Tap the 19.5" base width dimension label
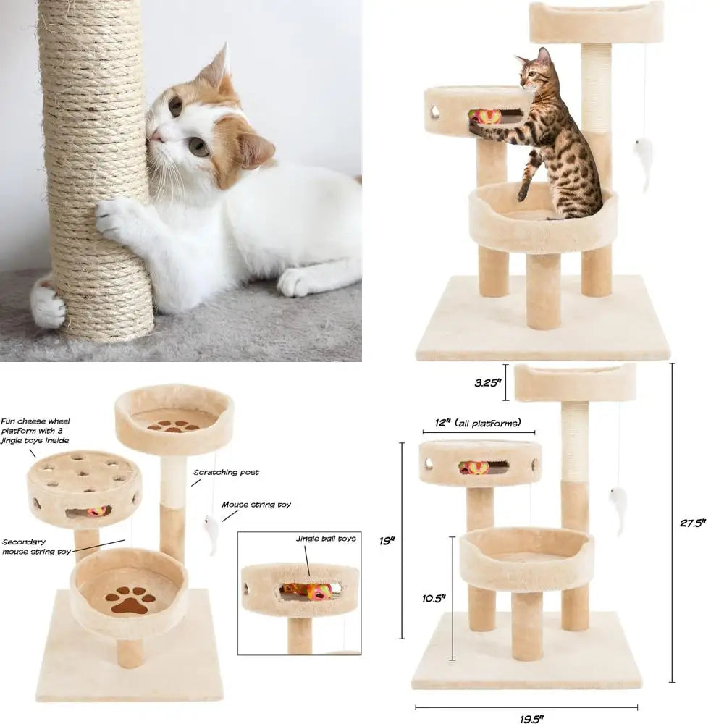tap(531, 718)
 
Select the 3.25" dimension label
tap(488, 383)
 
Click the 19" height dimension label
tap(390, 539)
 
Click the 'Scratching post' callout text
tap(226, 472)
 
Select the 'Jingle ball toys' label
tap(325, 539)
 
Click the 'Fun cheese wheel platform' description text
tap(35, 430)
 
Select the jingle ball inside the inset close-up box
tap(317, 591)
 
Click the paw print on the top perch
tap(174, 426)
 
